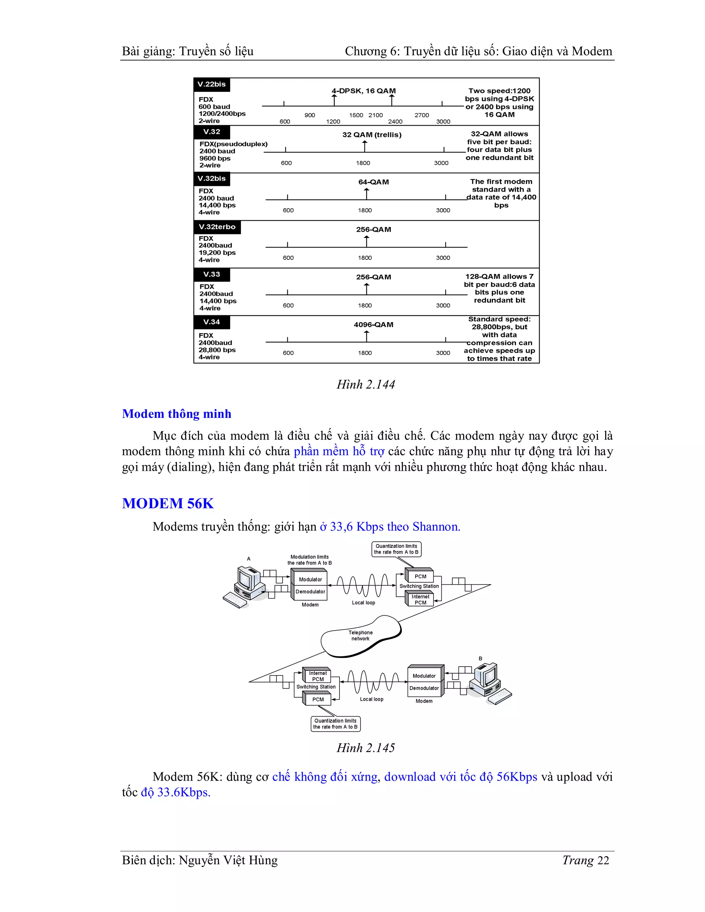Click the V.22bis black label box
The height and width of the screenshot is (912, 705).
pyautogui.click(x=212, y=84)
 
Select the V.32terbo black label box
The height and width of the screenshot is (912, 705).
pyautogui.click(x=217, y=227)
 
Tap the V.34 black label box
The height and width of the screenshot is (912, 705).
pyautogui.click(x=212, y=322)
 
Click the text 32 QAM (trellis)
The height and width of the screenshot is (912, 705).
pyautogui.click(x=372, y=135)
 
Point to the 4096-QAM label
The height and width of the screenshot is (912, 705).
pyautogui.click(x=373, y=325)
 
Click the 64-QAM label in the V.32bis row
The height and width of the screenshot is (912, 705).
pyautogui.click(x=373, y=182)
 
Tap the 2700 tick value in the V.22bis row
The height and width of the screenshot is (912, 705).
pyautogui.click(x=421, y=115)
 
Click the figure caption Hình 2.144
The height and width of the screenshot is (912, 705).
pyautogui.click(x=366, y=384)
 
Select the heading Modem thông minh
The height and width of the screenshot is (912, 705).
pyautogui.click(x=176, y=414)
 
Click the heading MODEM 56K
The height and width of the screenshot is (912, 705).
pyautogui.click(x=168, y=503)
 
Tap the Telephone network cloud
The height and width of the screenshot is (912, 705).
pyautogui.click(x=360, y=636)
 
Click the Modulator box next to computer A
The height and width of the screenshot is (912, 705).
pyautogui.click(x=310, y=580)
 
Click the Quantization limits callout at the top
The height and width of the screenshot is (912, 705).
pyautogui.click(x=396, y=549)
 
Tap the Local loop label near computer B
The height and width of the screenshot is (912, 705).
pyautogui.click(x=371, y=699)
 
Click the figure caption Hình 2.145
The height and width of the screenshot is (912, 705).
pyautogui.click(x=366, y=748)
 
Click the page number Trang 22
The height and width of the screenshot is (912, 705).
pyautogui.click(x=586, y=860)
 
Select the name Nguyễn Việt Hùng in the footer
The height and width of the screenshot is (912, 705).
pyautogui.click(x=228, y=860)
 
